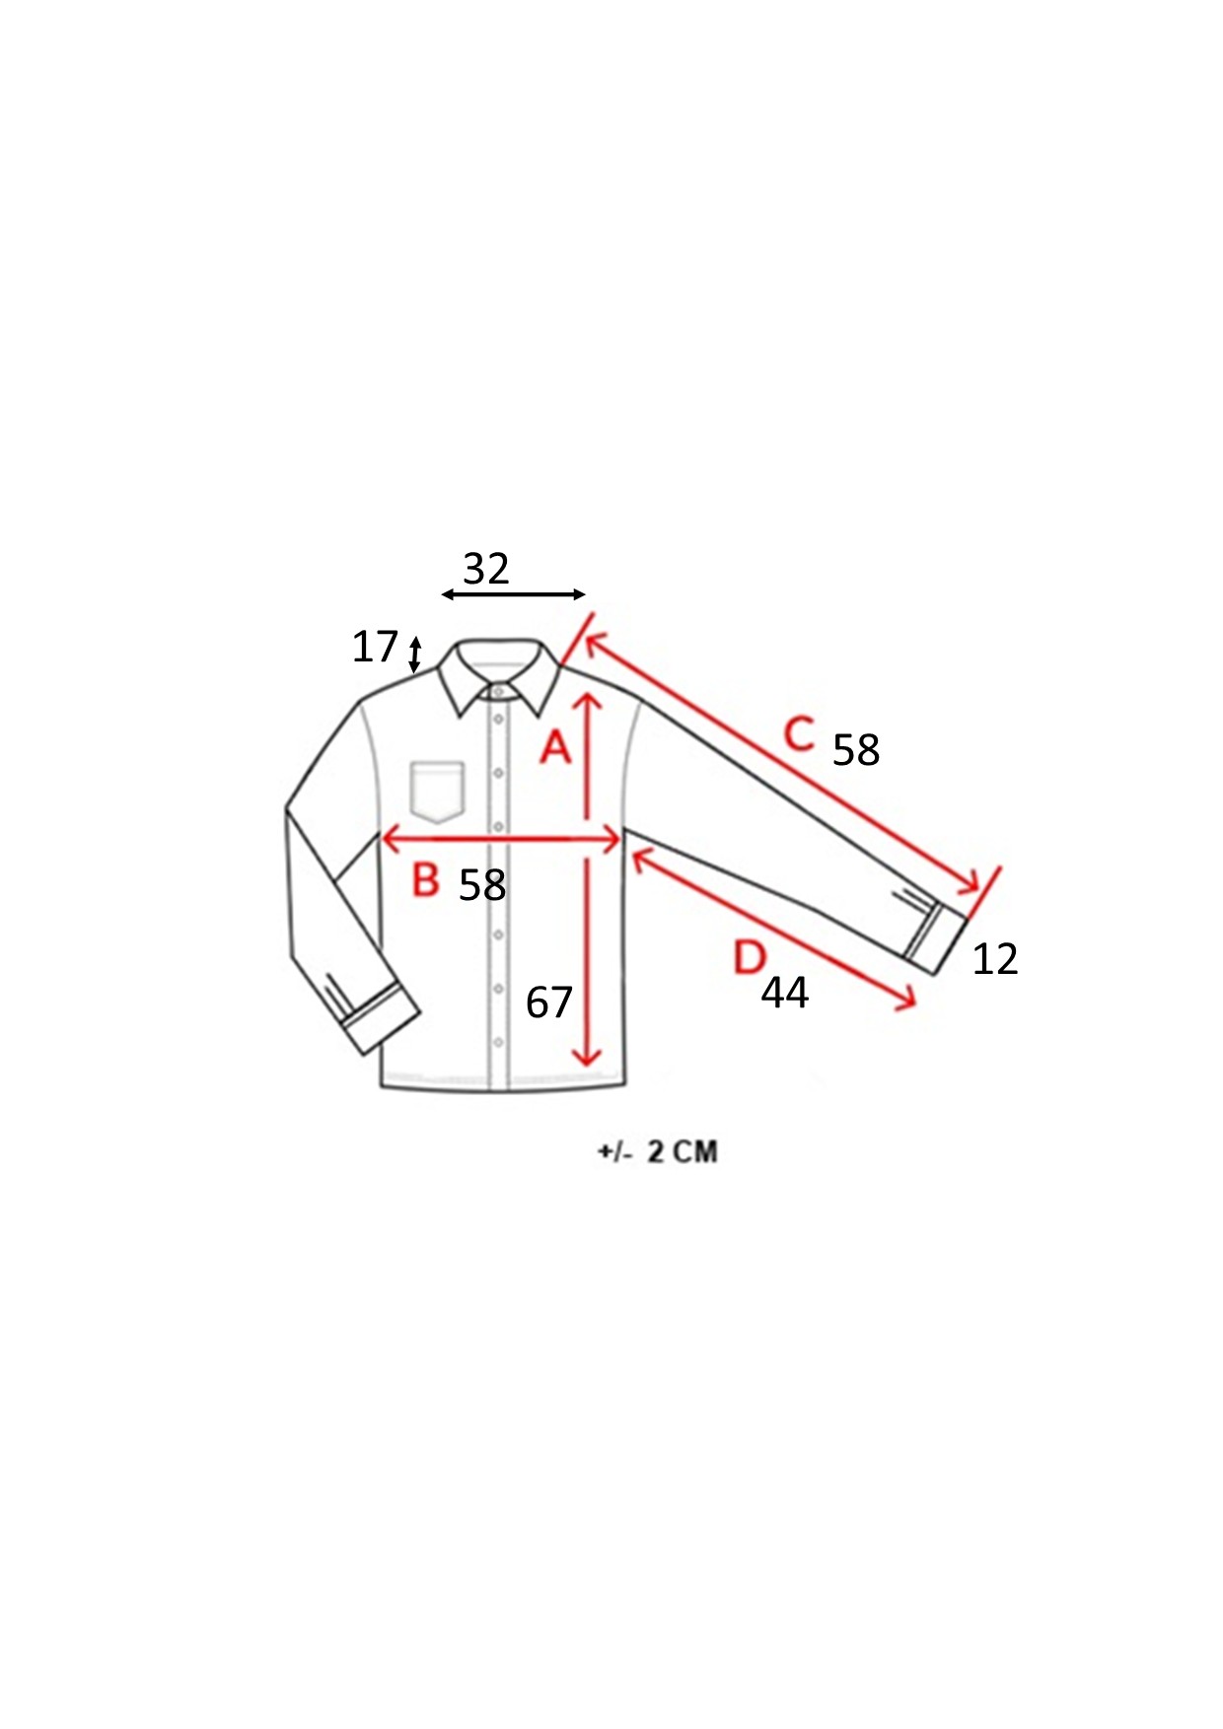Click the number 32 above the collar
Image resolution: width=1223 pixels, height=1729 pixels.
click(486, 569)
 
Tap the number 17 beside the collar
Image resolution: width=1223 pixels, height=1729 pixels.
click(375, 647)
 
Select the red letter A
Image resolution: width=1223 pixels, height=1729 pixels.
click(556, 747)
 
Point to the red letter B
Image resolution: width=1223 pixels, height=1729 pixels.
click(425, 879)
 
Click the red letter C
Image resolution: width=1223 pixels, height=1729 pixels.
click(800, 733)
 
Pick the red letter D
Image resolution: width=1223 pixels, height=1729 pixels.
click(751, 957)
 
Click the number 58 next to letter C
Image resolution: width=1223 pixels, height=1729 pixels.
click(856, 750)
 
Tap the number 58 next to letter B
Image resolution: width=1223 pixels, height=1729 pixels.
click(482, 885)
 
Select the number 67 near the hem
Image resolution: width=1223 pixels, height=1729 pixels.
click(549, 1003)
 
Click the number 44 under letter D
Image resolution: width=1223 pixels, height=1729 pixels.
click(785, 993)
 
